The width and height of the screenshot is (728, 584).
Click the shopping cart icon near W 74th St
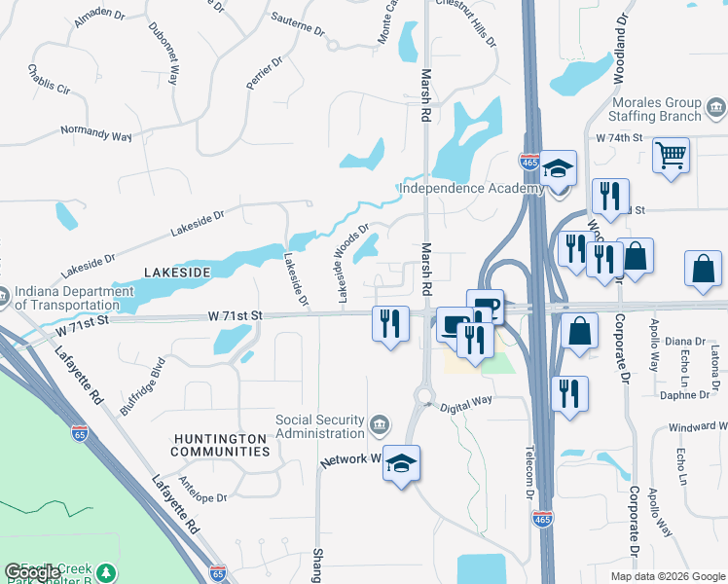click(672, 155)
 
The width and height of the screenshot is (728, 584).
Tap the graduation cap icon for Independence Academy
click(559, 168)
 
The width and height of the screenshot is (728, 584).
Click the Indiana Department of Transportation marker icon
click(4, 294)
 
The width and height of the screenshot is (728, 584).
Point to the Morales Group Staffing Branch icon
click(715, 105)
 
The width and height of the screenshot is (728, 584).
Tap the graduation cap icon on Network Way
click(400, 464)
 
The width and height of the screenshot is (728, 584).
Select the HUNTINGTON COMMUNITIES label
click(220, 446)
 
